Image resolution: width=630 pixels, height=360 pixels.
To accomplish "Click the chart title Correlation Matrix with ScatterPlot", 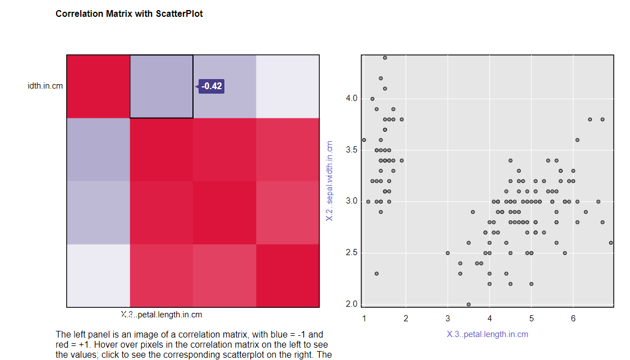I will pos(129,13).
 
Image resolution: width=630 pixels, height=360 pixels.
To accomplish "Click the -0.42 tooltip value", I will pos(211,86).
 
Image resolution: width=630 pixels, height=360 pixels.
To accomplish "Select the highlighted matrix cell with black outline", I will pos(162,86).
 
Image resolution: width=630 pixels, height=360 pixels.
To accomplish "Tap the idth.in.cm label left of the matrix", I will pos(45,86).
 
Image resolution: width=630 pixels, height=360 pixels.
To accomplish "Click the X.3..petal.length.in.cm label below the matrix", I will pos(162,315).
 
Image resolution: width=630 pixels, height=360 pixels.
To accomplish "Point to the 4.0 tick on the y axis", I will pos(351,99).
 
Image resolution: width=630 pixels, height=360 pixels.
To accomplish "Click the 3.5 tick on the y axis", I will pos(351,150).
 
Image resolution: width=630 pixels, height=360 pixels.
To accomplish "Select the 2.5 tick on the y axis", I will pos(351,253).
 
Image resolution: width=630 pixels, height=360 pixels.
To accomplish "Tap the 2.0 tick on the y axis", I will pos(351,304).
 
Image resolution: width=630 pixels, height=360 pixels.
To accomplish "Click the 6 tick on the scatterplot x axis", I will pos(573,319).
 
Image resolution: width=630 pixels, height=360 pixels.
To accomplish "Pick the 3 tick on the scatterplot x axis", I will pos(448,319).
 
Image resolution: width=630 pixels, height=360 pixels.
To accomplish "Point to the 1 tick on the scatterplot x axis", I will pos(364,319).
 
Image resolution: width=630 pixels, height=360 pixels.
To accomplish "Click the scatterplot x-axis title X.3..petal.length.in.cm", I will pos(488,334).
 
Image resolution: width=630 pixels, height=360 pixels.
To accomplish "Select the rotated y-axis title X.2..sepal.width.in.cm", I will pos(330,181).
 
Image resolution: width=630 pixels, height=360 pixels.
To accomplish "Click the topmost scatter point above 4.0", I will pos(385,58).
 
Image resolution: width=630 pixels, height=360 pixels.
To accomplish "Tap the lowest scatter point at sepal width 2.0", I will pos(468,304).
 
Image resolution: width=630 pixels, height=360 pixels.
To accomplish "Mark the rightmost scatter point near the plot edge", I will pos(611,243).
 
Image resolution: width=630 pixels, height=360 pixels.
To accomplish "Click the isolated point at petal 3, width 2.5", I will pos(448,253).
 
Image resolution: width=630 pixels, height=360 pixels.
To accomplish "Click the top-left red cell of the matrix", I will pos(98,86).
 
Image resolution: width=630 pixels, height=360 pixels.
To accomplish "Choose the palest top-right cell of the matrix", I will pos(288,86).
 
